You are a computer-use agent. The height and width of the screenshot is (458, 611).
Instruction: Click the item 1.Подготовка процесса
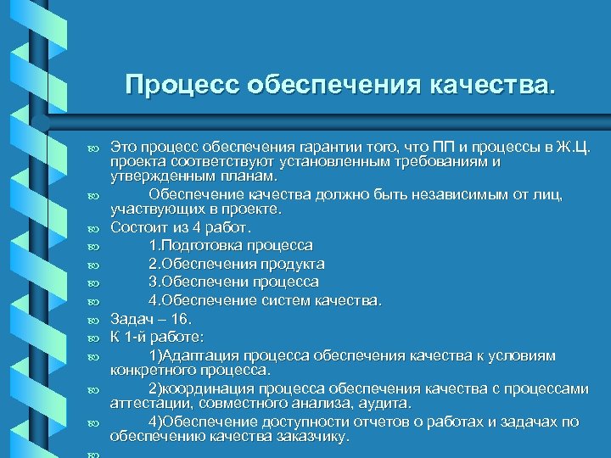[x=230, y=245]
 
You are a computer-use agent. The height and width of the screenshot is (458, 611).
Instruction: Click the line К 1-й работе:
[x=156, y=337]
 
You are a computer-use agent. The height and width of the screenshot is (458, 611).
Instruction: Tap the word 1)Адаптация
[x=196, y=355]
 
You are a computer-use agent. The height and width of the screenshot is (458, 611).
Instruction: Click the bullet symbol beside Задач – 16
[x=92, y=320]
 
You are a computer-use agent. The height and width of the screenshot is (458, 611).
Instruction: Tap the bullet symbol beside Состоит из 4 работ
[x=92, y=228]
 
